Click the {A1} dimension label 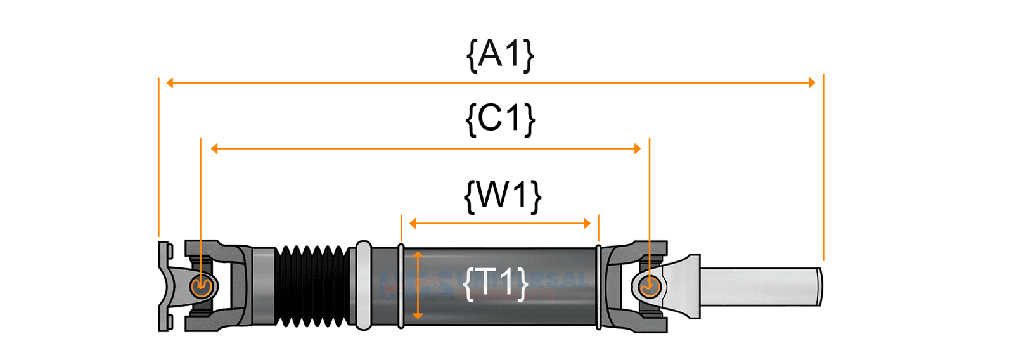coord(500,55)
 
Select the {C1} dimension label coord(500,119)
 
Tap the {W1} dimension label coord(503,195)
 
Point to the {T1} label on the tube coord(496,283)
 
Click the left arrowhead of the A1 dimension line coord(170,83)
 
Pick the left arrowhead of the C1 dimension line coord(214,149)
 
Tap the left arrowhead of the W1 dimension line coord(413,223)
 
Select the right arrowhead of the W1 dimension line coord(587,223)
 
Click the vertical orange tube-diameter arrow coord(417,285)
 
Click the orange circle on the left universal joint coord(201,286)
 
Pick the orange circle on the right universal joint coord(650,286)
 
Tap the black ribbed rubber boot coord(312,286)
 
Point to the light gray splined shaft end coord(760,286)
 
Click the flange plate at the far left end coord(164,286)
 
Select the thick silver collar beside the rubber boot coord(363,286)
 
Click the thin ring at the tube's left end coord(401,286)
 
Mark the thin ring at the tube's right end coord(598,286)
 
